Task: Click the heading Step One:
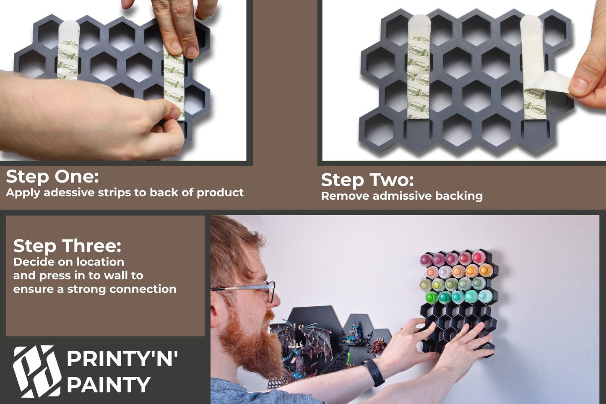point(52,177)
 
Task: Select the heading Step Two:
point(367,180)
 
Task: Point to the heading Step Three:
point(67,246)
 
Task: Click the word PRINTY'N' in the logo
point(122,359)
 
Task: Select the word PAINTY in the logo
point(109,385)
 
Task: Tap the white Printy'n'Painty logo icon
point(37,371)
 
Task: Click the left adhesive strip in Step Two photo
point(419,67)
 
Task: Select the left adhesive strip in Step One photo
point(68,50)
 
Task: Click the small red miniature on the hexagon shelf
point(378,346)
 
